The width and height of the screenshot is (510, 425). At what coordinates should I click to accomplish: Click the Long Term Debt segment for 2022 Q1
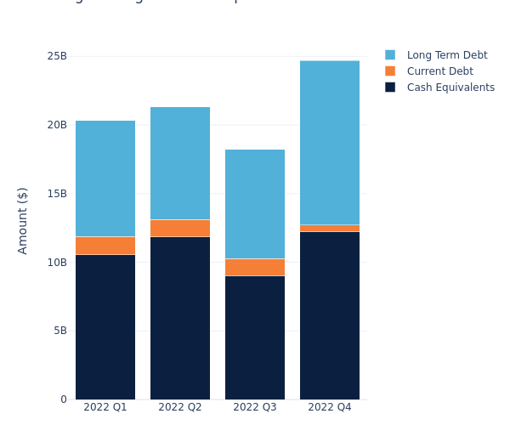[x=105, y=178]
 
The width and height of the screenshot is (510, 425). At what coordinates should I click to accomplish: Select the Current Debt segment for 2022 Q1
[x=105, y=246]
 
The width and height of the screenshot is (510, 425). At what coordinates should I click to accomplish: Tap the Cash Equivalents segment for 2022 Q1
[x=105, y=327]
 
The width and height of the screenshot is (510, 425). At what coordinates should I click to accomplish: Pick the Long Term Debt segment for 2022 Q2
[x=180, y=163]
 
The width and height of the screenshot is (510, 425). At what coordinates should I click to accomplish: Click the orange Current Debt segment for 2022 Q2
[x=180, y=228]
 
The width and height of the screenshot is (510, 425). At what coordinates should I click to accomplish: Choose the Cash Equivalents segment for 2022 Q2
[x=180, y=318]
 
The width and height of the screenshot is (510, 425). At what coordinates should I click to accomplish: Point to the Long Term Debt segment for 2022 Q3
[x=255, y=204]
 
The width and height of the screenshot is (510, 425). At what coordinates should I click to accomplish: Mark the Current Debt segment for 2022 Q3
[x=255, y=267]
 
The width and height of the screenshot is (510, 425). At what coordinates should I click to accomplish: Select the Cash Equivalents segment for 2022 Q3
[x=255, y=337]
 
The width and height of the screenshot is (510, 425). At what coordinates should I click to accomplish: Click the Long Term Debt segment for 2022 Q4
[x=330, y=143]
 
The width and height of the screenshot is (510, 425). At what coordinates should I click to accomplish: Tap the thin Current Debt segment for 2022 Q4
[x=330, y=228]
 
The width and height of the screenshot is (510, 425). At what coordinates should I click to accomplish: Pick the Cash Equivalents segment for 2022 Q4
[x=330, y=315]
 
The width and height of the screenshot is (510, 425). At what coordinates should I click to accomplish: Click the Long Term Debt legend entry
[x=446, y=55]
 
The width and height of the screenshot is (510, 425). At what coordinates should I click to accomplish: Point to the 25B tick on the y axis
[x=57, y=56]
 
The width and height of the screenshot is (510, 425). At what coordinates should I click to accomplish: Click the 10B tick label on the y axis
[x=57, y=262]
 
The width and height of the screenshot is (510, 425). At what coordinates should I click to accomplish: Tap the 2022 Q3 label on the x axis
[x=255, y=407]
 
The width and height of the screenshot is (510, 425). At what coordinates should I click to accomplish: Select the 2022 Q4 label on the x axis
[x=330, y=407]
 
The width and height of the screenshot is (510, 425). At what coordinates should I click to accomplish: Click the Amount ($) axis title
[x=23, y=220]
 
